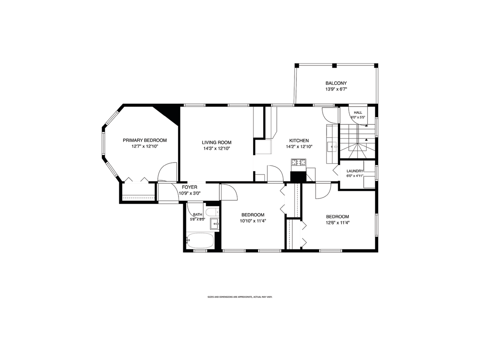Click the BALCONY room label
(x=336, y=83)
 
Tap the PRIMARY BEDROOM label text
(x=145, y=140)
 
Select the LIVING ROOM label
(x=216, y=143)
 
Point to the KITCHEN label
(x=299, y=141)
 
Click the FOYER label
(x=189, y=187)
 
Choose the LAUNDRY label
(x=355, y=171)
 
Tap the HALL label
(x=358, y=113)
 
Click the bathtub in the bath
(x=200, y=240)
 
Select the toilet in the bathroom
(x=213, y=212)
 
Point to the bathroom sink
(x=215, y=224)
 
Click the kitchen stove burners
(x=298, y=163)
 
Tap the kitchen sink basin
(x=332, y=147)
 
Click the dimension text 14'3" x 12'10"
(x=217, y=149)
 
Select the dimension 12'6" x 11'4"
(x=337, y=223)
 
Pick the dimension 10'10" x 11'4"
(x=253, y=221)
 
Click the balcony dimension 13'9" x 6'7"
(x=336, y=89)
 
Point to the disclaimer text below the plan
(x=240, y=297)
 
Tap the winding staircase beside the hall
(x=357, y=141)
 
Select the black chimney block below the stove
(x=298, y=176)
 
